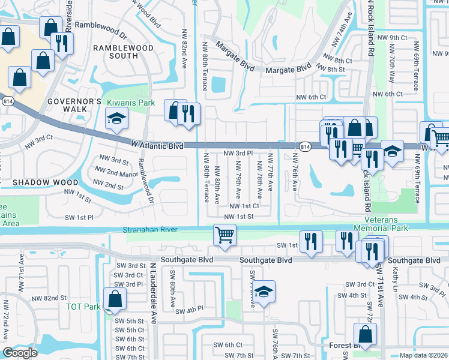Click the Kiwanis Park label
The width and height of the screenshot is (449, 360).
131,103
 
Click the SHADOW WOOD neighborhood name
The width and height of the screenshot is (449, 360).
45,182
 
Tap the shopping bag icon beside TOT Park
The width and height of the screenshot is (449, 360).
115,299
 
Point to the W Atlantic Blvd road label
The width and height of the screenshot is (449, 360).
157,145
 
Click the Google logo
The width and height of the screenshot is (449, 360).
20,353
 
